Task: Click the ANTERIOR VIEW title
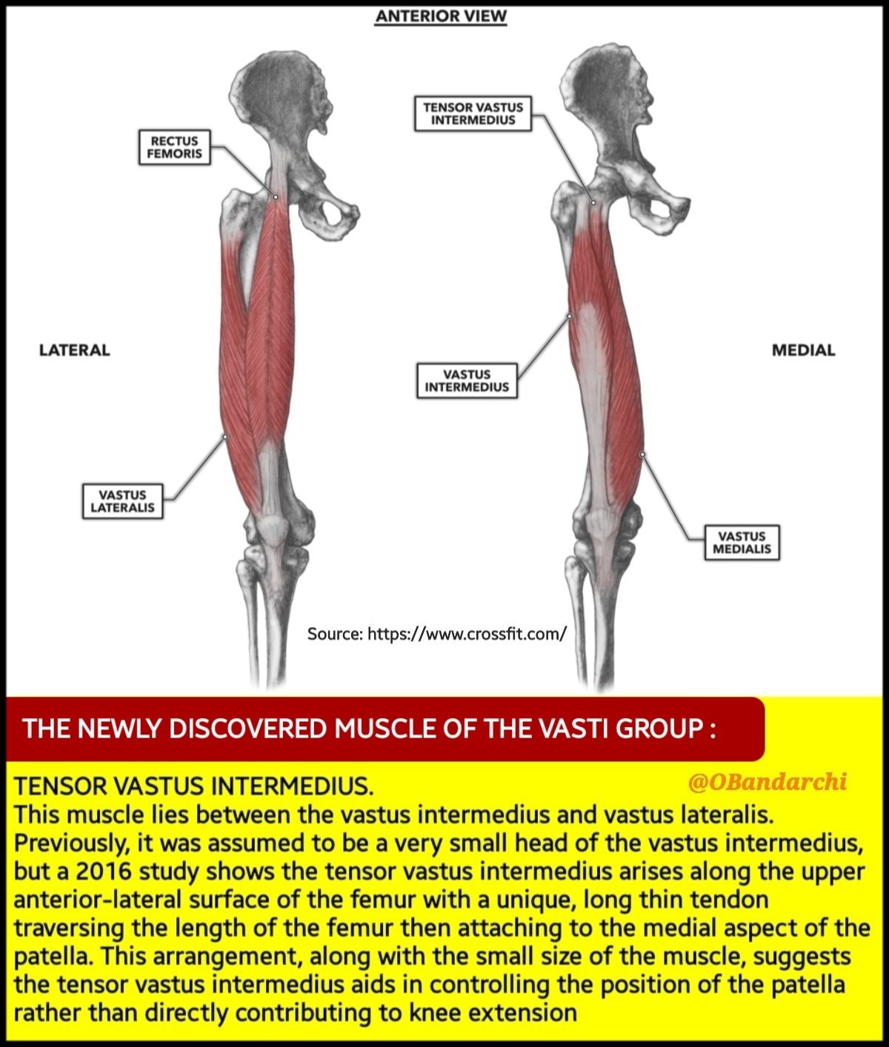(441, 16)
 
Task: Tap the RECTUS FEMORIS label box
(174, 147)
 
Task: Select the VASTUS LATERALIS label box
(122, 501)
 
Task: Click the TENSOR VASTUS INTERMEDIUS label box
(473, 113)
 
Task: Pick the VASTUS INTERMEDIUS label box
(467, 381)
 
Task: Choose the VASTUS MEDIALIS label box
(742, 543)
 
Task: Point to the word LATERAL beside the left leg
(74, 350)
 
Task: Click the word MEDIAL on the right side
(803, 350)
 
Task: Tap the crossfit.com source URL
(467, 634)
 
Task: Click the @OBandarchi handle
(767, 782)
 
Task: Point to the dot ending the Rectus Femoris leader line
(276, 197)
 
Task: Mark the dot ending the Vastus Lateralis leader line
(225, 437)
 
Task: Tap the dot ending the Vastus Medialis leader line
(642, 454)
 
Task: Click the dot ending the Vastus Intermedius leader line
(570, 315)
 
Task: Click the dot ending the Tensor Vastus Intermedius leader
(593, 202)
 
